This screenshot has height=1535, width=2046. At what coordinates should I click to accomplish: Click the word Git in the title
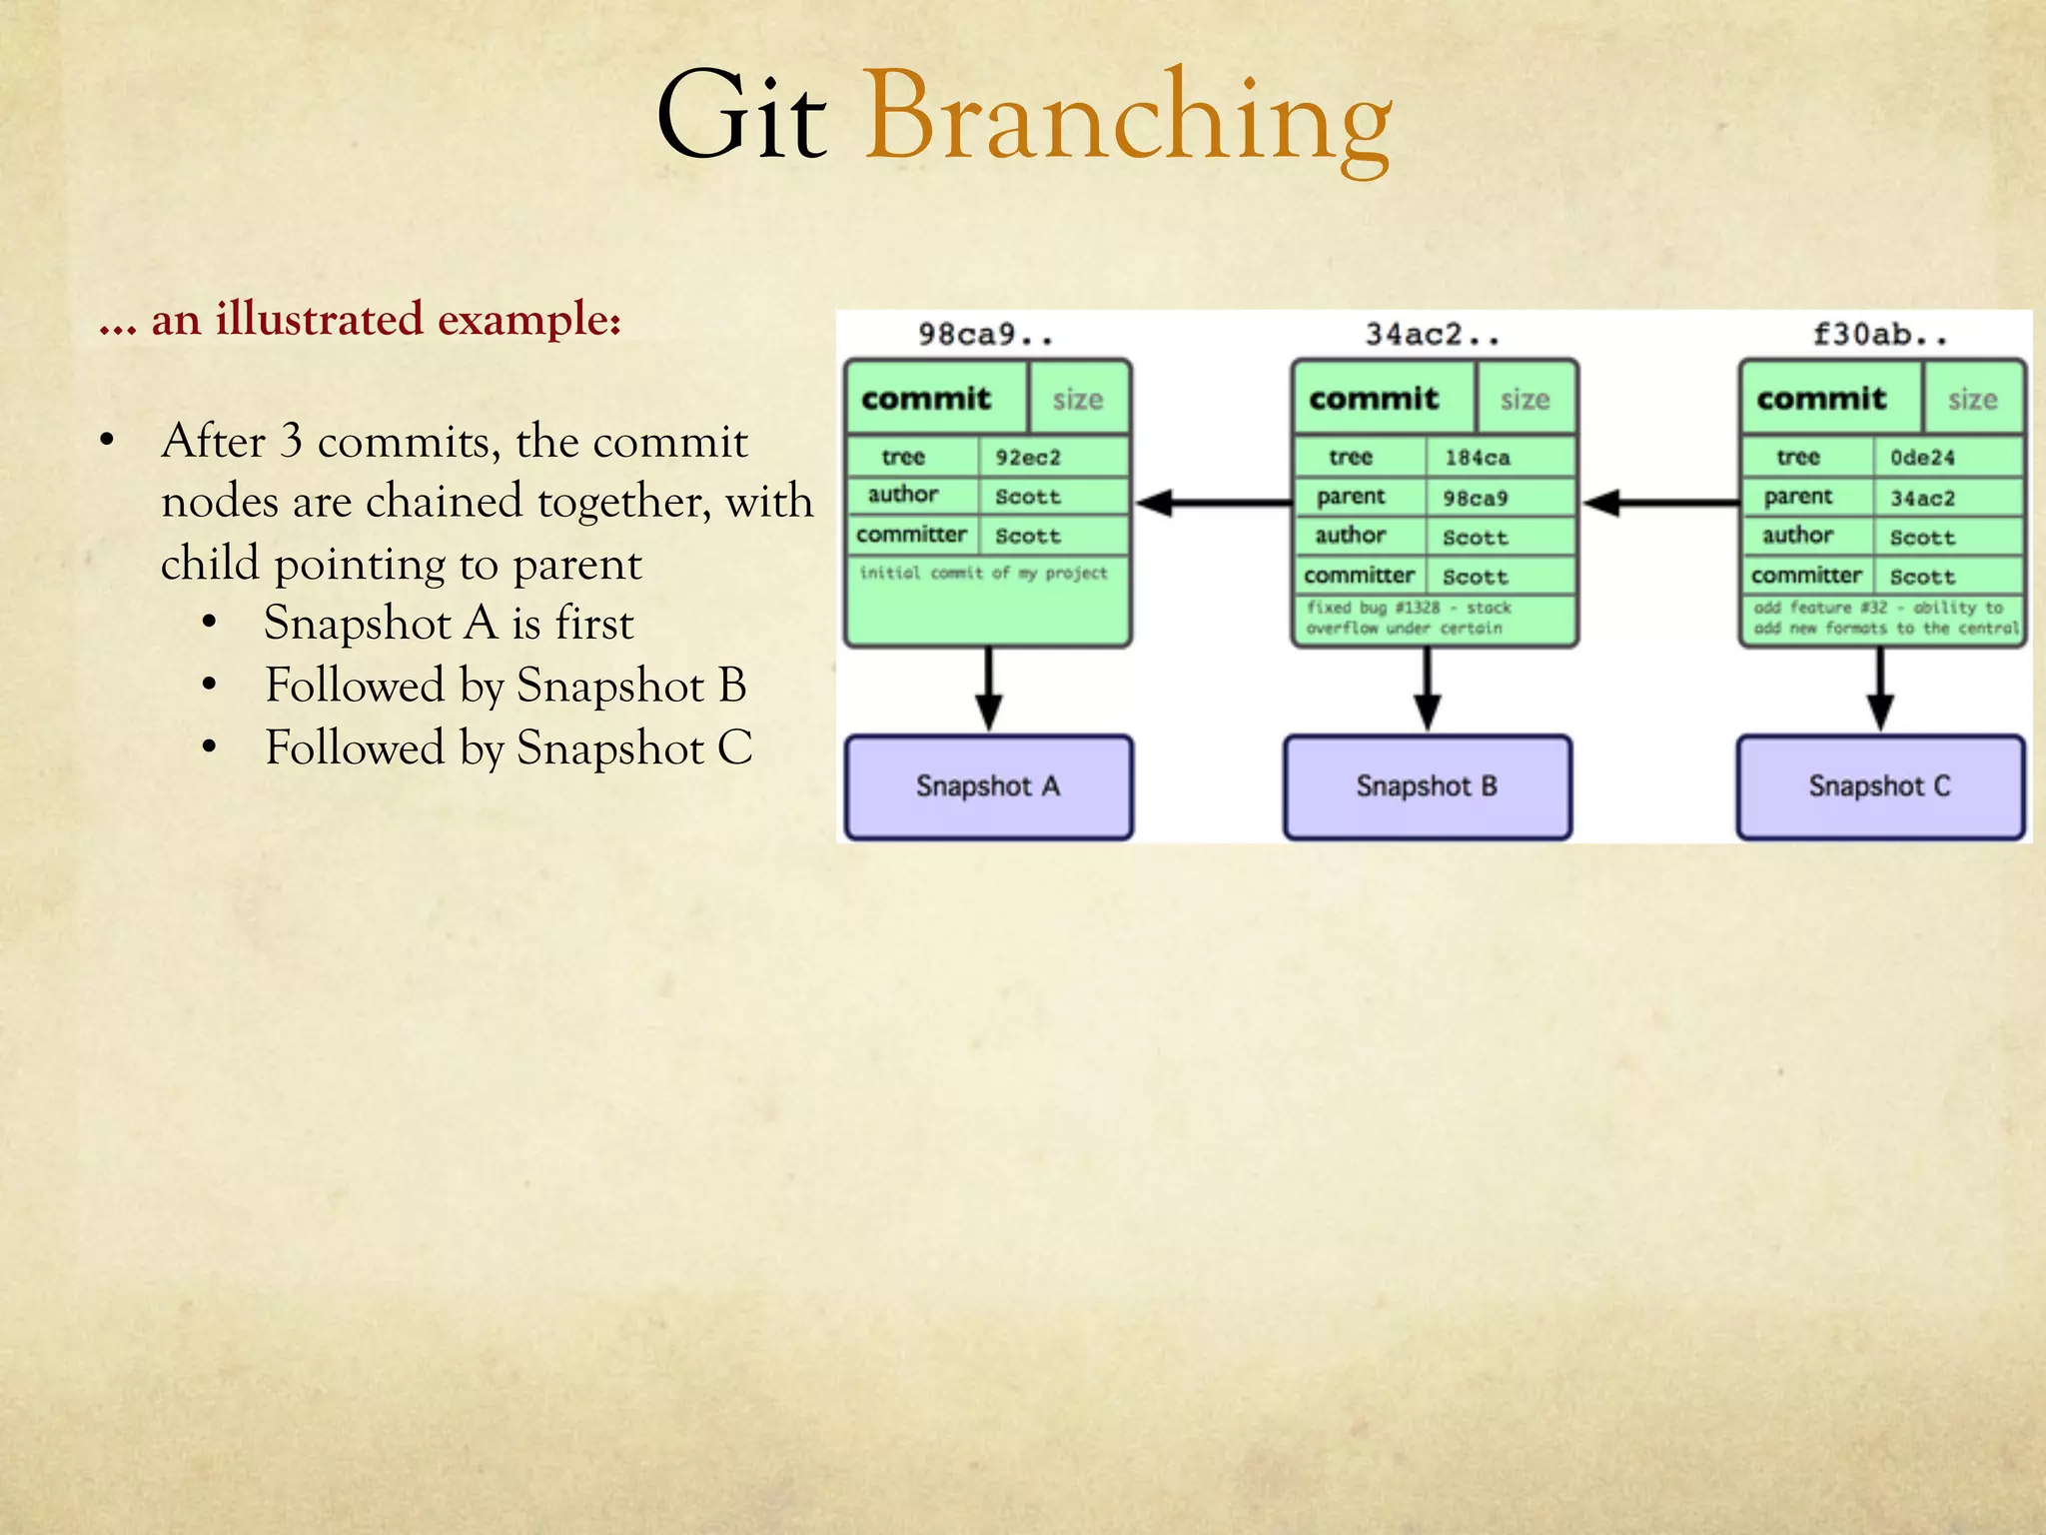[x=741, y=118]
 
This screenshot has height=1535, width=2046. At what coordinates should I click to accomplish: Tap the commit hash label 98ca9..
[x=985, y=335]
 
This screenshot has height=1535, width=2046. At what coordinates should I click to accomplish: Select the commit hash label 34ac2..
[x=1432, y=335]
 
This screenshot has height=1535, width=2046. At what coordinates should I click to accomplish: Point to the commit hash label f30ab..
[x=1879, y=335]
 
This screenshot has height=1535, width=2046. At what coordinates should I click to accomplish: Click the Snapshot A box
[x=988, y=787]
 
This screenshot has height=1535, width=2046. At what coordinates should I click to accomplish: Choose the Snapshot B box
[x=1428, y=787]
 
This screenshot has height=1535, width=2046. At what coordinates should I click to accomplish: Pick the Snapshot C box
[x=1880, y=787]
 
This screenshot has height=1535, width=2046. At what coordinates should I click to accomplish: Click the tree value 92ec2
[x=1028, y=458]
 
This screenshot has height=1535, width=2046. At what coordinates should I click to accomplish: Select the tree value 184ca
[x=1477, y=458]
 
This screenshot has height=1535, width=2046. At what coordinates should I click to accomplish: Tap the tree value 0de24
[x=1922, y=458]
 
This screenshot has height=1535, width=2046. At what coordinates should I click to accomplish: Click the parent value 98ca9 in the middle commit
[x=1476, y=498]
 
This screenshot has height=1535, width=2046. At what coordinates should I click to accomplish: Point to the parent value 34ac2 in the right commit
[x=1922, y=498]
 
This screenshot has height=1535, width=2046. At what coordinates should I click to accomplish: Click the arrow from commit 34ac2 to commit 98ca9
[x=1213, y=503]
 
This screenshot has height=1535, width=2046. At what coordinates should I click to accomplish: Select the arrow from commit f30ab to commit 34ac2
[x=1660, y=503]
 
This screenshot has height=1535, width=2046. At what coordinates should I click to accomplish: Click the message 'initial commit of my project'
[x=984, y=574]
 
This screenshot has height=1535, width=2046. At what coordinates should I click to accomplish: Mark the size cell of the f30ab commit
[x=1972, y=400]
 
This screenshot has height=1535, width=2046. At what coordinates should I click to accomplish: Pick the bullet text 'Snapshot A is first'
[x=449, y=624]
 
